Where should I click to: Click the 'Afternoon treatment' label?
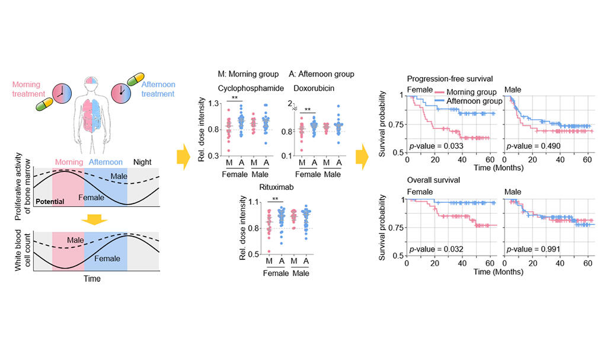click(x=158, y=90)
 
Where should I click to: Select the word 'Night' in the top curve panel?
click(x=142, y=161)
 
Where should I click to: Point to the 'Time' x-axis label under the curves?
click(x=92, y=278)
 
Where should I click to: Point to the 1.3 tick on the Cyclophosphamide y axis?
click(x=215, y=104)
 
